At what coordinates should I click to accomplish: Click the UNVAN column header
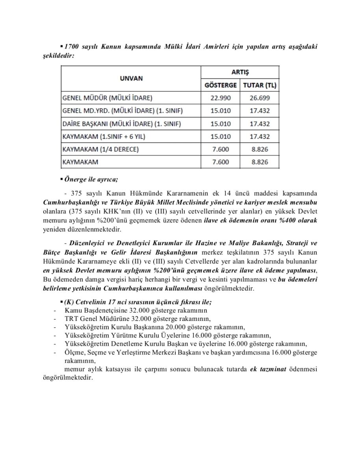tap(131, 78)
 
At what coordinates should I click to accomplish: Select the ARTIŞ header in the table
tap(240, 73)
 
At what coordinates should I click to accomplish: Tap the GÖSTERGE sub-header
tap(221, 85)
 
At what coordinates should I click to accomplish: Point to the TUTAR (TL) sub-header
tap(260, 85)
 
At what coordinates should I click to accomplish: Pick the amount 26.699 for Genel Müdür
tap(260, 98)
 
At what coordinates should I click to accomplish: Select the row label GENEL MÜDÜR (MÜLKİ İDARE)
tap(107, 98)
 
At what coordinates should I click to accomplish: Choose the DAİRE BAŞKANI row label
tap(122, 124)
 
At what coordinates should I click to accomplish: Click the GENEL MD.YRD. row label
tap(122, 111)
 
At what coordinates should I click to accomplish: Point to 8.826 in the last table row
tap(260, 162)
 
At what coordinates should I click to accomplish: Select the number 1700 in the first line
tap(72, 47)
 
